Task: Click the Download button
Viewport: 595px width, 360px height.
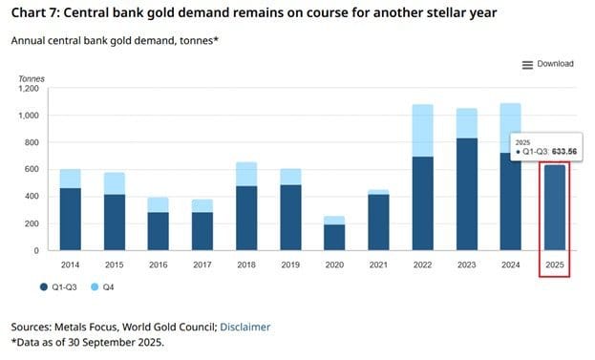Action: coord(554,64)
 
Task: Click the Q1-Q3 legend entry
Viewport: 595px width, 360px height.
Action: coord(62,286)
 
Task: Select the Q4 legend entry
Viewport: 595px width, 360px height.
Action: coord(107,286)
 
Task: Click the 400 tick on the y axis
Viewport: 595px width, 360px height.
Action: coord(34,197)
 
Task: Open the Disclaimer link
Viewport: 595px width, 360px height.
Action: coord(244,327)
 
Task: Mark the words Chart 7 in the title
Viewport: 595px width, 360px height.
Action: coord(35,14)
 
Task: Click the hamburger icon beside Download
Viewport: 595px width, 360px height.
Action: coord(527,64)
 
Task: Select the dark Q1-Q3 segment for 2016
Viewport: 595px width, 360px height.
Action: coord(158,231)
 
